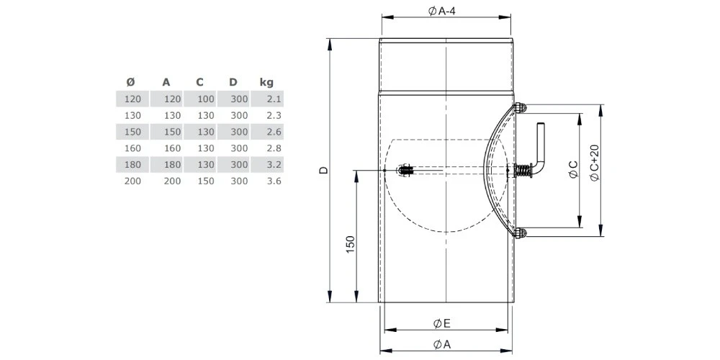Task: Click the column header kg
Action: point(266,83)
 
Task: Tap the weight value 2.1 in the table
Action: point(274,99)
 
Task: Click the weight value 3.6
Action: point(274,181)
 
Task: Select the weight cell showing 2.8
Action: point(274,148)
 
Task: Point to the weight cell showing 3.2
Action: point(274,165)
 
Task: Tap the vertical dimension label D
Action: point(324,171)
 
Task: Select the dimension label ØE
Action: point(441,323)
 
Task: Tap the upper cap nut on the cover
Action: point(521,108)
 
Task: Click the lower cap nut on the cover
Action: point(521,233)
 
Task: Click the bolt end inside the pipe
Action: point(405,171)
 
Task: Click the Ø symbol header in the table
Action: point(130,83)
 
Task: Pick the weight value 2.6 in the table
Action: point(274,132)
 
